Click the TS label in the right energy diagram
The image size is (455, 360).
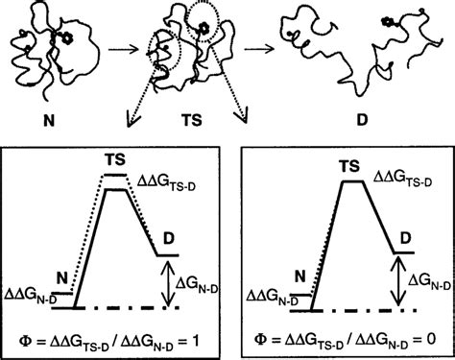tap(344, 164)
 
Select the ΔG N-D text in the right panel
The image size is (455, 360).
tap(425, 281)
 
